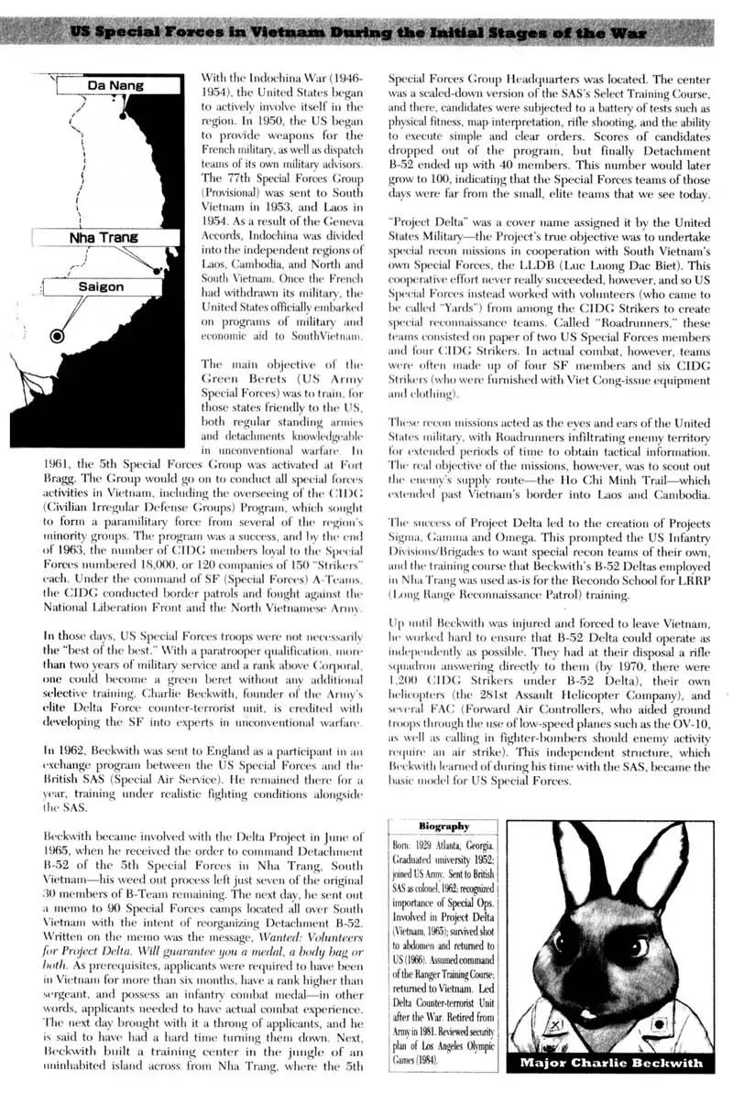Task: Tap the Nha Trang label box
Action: click(104, 237)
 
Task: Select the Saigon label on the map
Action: click(101, 286)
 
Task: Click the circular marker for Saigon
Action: click(57, 336)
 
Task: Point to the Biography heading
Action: click(443, 826)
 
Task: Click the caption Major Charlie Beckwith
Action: click(611, 1063)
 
